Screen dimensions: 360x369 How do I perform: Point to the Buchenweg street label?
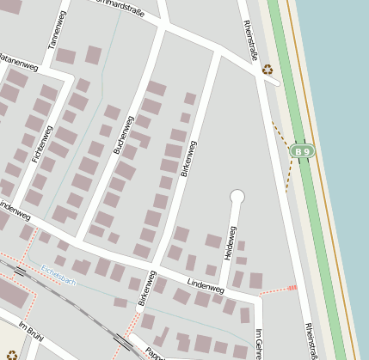[124, 135]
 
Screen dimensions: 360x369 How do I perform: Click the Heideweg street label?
[230, 241]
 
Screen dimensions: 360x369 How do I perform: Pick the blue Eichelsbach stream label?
[58, 275]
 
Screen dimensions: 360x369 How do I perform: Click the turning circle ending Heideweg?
[237, 198]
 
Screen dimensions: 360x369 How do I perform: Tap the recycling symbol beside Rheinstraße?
[268, 70]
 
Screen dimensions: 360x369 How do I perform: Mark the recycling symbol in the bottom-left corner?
[11, 354]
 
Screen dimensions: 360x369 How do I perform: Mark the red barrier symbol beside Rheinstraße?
[292, 288]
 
